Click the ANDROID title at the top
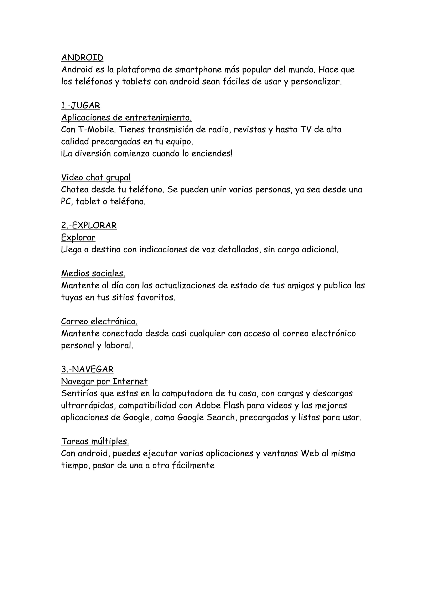pyautogui.click(x=82, y=57)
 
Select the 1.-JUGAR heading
pyautogui.click(x=80, y=105)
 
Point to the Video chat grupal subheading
pyautogui.click(x=96, y=178)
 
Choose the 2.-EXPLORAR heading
pyautogui.click(x=89, y=226)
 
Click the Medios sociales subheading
pyautogui.click(x=93, y=274)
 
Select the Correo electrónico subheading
pyautogui.click(x=99, y=321)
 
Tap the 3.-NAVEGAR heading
pyautogui.click(x=87, y=370)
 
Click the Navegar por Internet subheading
pyautogui.click(x=104, y=381)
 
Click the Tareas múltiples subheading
pyautogui.click(x=95, y=442)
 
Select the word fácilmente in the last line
pyautogui.click(x=193, y=466)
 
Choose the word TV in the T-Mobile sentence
pyautogui.click(x=306, y=130)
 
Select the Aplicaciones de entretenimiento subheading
pyautogui.click(x=126, y=118)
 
